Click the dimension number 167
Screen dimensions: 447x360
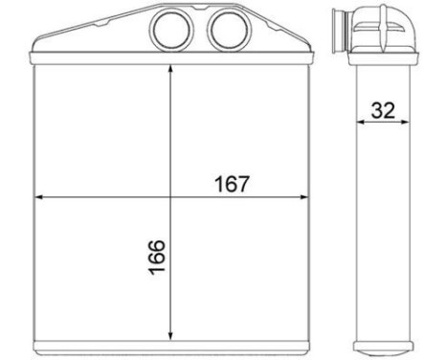[x=232, y=184]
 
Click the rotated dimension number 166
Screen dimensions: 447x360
[x=157, y=258]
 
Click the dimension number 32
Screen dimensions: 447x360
[x=383, y=110]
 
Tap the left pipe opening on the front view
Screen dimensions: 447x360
[x=172, y=30]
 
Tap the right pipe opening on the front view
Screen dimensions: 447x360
[x=229, y=30]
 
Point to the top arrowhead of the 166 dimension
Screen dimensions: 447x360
[x=170, y=71]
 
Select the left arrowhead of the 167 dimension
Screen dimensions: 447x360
[x=40, y=197]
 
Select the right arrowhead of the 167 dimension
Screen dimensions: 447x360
[x=302, y=197]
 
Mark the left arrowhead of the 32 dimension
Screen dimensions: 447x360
[x=362, y=122]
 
